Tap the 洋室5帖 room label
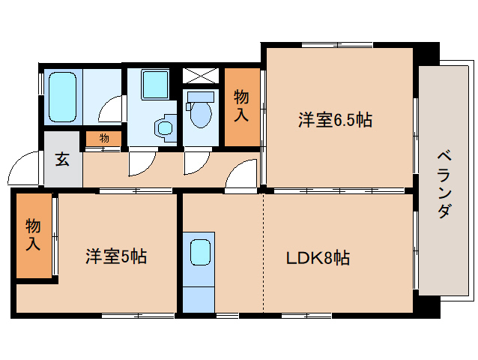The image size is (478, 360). pyautogui.click(x=115, y=256)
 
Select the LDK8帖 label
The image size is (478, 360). pyautogui.click(x=318, y=258)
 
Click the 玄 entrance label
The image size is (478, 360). pyautogui.click(x=62, y=159)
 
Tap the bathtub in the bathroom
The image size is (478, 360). pyautogui.click(x=63, y=96)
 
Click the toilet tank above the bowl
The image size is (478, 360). pyautogui.click(x=200, y=97)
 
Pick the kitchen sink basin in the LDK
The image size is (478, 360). pyautogui.click(x=199, y=252)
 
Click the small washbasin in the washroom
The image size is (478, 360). pyautogui.click(x=164, y=128)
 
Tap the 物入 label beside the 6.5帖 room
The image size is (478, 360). pyautogui.click(x=242, y=106)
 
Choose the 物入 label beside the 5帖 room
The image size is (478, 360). pyautogui.click(x=34, y=235)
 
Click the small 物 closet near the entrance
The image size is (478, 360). pyautogui.click(x=104, y=138)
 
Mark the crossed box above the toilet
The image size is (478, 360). pyautogui.click(x=202, y=76)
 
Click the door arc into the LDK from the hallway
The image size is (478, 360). pyautogui.click(x=243, y=174)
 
